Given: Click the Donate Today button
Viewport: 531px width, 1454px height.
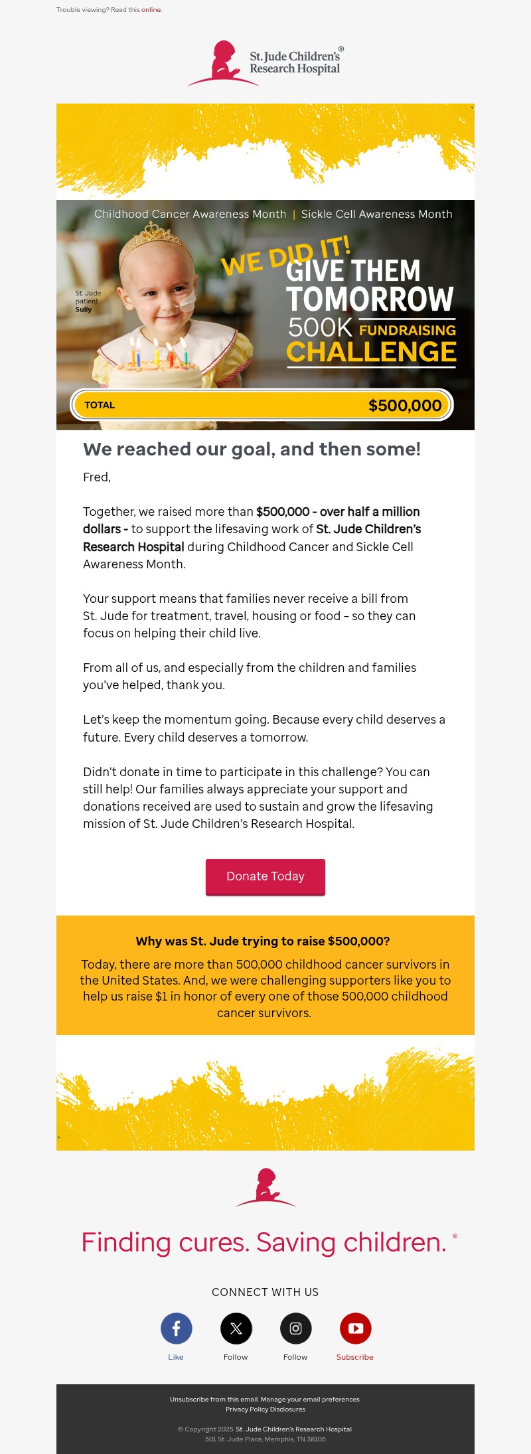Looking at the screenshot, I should (x=265, y=876).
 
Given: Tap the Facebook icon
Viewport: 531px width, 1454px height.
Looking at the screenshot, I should (x=177, y=1329).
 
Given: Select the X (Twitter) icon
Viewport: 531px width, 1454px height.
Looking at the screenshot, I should (x=236, y=1329).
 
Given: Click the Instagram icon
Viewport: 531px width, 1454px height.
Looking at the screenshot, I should (x=296, y=1329).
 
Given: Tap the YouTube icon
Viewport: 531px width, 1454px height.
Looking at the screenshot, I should (x=356, y=1329).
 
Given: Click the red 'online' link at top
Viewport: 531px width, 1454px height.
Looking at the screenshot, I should (x=151, y=10).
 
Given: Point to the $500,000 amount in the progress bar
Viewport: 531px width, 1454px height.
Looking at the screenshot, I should (x=405, y=406).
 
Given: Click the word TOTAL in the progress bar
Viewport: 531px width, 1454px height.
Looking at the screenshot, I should (x=100, y=405).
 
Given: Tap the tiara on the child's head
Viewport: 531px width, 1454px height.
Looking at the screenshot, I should (x=155, y=234).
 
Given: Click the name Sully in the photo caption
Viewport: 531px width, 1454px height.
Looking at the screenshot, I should (x=84, y=309).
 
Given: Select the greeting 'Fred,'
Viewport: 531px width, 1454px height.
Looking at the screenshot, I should (x=97, y=477).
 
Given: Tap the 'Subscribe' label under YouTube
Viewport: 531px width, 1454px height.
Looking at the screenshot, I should (x=355, y=1357).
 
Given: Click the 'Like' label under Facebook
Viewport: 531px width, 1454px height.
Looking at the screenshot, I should (x=176, y=1357).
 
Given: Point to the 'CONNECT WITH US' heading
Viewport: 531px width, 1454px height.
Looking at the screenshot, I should (x=265, y=1292).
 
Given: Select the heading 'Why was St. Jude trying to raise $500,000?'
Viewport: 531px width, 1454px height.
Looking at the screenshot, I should (x=263, y=941).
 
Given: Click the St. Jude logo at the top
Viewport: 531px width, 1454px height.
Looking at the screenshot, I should (x=265, y=63).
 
